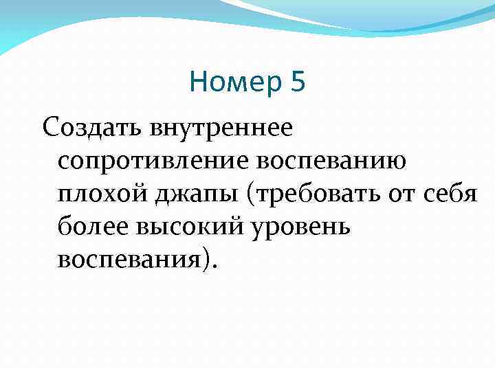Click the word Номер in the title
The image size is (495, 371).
point(235,84)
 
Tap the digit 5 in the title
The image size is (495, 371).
point(298,84)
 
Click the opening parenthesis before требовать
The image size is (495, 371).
point(255,195)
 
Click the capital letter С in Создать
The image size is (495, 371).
point(50,128)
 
